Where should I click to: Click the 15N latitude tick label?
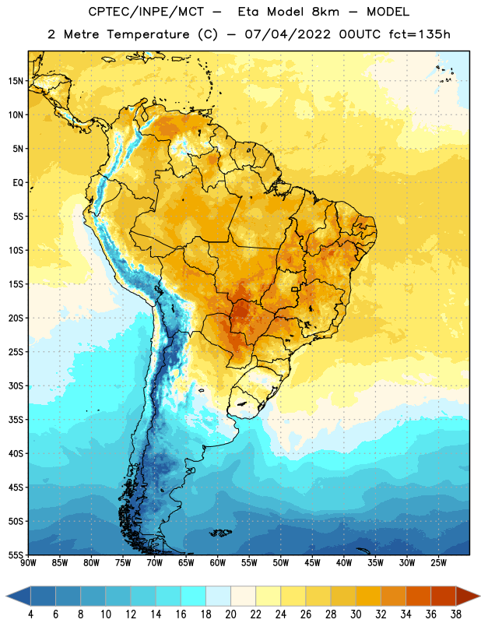click(x=16, y=81)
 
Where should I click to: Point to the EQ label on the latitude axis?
click(x=18, y=183)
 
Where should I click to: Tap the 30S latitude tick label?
click(x=16, y=385)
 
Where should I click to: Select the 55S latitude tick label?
click(x=16, y=554)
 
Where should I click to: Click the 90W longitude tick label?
click(x=29, y=562)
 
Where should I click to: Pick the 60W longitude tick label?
click(x=218, y=562)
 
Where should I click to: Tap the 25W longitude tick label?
click(x=438, y=562)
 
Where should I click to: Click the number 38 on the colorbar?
click(x=456, y=614)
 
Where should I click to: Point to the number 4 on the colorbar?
click(x=30, y=614)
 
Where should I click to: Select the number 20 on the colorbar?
click(x=230, y=614)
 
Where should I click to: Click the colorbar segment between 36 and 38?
click(x=444, y=597)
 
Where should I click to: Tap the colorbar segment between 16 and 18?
click(x=193, y=597)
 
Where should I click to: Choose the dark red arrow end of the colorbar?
click(x=468, y=597)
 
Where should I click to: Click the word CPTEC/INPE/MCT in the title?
click(x=146, y=12)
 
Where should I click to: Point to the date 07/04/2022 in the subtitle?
click(x=287, y=34)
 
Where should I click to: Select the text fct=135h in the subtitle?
click(x=420, y=34)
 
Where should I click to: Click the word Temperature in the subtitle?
click(x=148, y=34)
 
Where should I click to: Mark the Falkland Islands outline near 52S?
click(x=220, y=533)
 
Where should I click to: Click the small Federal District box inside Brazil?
click(x=294, y=289)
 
